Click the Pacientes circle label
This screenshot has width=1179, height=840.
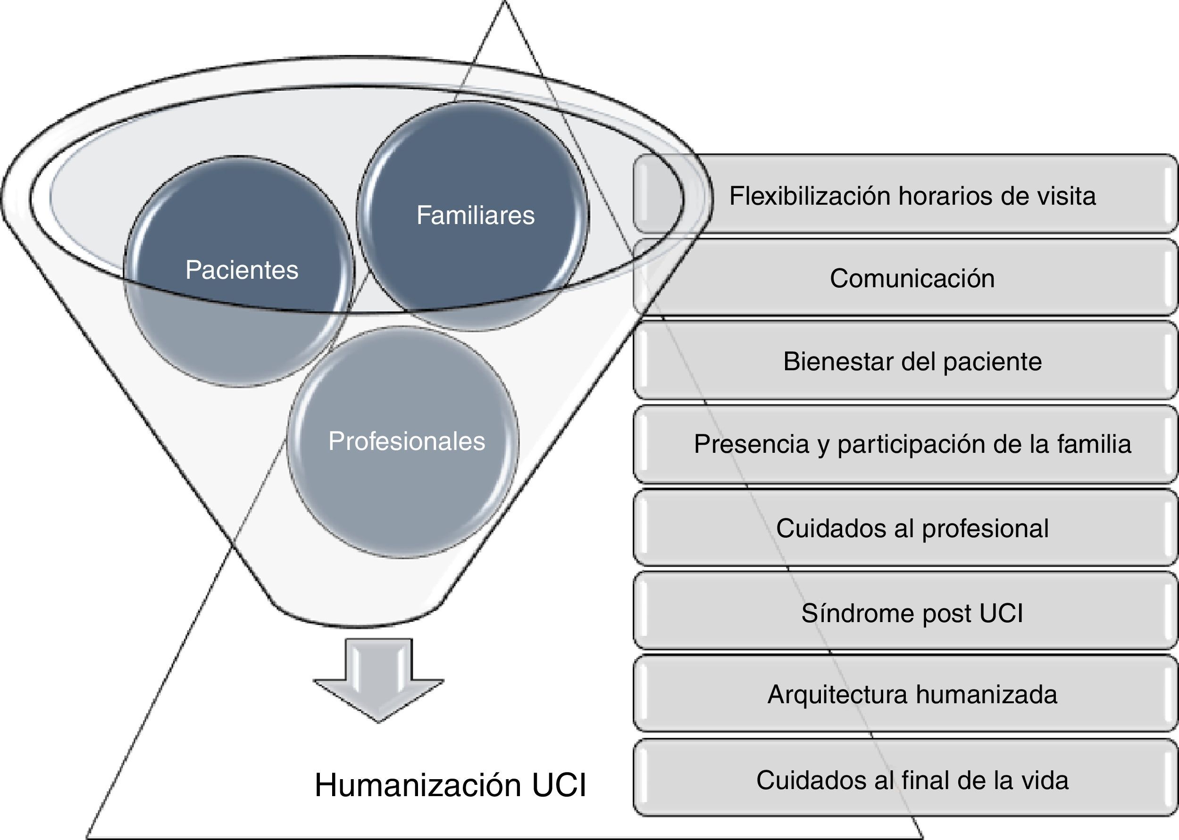pos(242,270)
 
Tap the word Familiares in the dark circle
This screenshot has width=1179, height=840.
pos(475,215)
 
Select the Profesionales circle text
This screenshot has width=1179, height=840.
pos(407,441)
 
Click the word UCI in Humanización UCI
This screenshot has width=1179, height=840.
pos(559,785)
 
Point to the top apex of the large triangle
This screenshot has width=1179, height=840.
pos(504,2)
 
